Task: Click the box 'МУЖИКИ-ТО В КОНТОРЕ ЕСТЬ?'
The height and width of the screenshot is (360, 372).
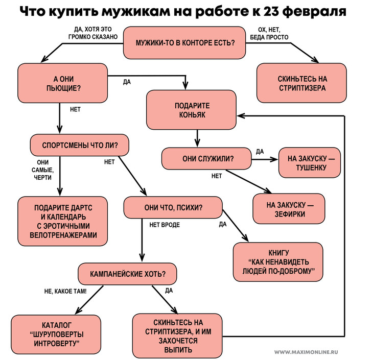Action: [x=185, y=42]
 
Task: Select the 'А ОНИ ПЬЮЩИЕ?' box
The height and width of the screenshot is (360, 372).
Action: [x=63, y=83]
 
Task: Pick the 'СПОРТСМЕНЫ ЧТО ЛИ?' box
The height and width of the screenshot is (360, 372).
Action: [x=80, y=145]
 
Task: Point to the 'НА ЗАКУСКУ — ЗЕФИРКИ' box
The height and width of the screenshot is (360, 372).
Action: [x=289, y=209]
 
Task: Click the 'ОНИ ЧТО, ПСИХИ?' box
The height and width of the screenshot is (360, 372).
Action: [x=173, y=208]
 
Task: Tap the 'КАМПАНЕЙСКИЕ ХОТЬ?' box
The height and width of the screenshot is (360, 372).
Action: [x=127, y=274]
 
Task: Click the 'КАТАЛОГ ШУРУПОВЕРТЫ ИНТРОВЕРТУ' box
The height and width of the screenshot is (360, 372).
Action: [x=56, y=334]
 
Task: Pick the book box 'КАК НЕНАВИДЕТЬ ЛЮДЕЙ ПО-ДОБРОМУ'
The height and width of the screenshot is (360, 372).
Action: [x=278, y=261]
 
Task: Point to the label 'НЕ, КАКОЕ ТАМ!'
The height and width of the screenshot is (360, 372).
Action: [x=65, y=292]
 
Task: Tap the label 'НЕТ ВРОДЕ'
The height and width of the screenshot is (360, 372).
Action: [x=164, y=224]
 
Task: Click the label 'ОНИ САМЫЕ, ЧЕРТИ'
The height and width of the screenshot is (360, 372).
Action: [x=42, y=170]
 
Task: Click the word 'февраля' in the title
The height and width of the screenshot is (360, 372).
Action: [x=304, y=11]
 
